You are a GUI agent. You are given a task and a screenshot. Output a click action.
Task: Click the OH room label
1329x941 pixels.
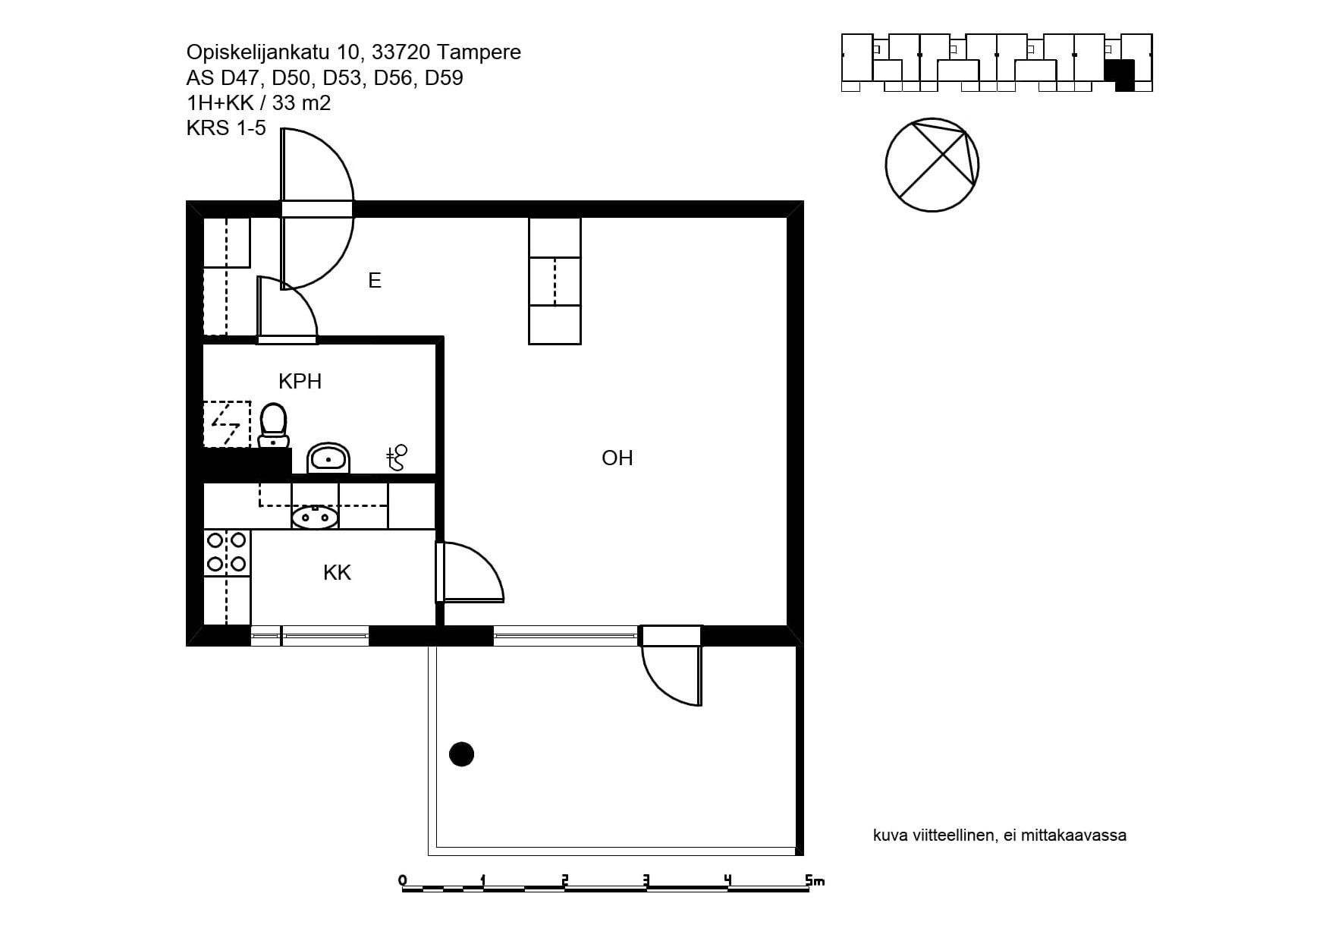(x=617, y=458)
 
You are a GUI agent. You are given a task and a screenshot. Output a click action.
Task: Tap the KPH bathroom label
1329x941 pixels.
(x=300, y=381)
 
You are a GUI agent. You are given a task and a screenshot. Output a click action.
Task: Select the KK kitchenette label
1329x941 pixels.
(x=337, y=572)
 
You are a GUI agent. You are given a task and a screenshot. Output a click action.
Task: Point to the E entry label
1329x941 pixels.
(x=374, y=281)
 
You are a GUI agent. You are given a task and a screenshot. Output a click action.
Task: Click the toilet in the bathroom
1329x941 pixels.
(x=273, y=426)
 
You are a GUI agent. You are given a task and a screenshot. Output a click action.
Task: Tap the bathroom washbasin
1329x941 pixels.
(x=328, y=458)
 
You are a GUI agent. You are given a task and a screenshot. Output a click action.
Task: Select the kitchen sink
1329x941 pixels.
(x=315, y=518)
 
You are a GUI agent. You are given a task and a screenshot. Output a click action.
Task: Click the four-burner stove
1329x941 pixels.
(x=227, y=552)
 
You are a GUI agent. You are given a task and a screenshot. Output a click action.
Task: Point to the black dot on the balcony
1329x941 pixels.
(x=461, y=754)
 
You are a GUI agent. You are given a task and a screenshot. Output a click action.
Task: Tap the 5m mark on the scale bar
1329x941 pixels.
(x=815, y=880)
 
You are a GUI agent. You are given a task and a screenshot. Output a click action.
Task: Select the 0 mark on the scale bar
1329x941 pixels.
(x=403, y=880)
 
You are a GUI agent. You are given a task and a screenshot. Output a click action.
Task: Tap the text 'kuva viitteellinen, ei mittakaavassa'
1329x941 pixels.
(x=1000, y=836)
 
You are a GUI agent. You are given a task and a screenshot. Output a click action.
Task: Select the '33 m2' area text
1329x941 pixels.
(x=301, y=103)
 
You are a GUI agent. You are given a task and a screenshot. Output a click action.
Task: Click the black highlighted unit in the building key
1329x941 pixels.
(x=1120, y=75)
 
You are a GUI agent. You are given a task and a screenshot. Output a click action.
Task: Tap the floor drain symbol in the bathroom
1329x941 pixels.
(x=397, y=458)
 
